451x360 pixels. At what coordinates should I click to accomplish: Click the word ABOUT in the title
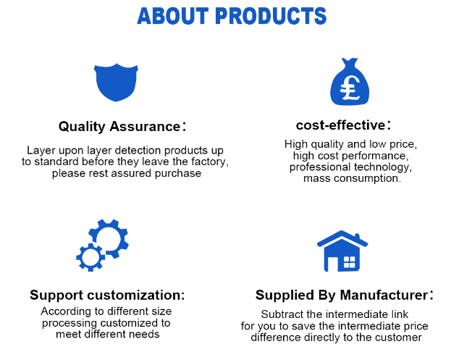pyautogui.click(x=173, y=16)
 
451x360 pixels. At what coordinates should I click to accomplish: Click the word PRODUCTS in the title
pyautogui.click(x=271, y=16)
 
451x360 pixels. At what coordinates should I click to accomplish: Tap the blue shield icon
pyautogui.click(x=116, y=83)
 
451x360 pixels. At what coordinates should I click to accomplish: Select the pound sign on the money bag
pyautogui.click(x=350, y=88)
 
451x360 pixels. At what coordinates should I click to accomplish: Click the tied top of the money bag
pyautogui.click(x=350, y=62)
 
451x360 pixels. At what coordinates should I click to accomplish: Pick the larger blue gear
pyautogui.click(x=109, y=238)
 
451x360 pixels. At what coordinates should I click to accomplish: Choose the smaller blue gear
pyautogui.click(x=90, y=257)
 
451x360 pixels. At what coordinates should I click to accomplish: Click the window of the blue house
pyautogui.click(x=350, y=262)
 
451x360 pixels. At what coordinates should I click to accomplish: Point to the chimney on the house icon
pyautogui.click(x=357, y=236)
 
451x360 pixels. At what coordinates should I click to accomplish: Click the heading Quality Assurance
pyautogui.click(x=119, y=126)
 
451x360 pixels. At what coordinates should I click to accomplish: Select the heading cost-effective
pyautogui.click(x=340, y=125)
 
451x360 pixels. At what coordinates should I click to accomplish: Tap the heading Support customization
pyautogui.click(x=107, y=295)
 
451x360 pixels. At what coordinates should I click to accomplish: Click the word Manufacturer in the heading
pyautogui.click(x=384, y=295)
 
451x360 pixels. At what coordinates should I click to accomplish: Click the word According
pyautogui.click(x=66, y=311)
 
